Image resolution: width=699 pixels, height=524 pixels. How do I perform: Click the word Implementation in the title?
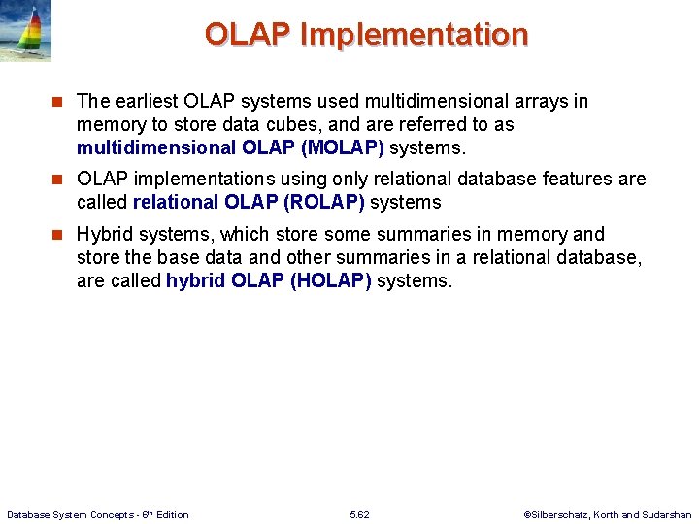pyautogui.click(x=415, y=35)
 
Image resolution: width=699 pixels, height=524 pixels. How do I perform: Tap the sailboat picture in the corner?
pyautogui.click(x=25, y=31)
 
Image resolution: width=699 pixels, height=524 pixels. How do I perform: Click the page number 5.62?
pyautogui.click(x=359, y=514)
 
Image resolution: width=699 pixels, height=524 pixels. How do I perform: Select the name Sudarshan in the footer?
pyautogui.click(x=668, y=514)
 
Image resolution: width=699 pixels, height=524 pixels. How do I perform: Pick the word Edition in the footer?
pyautogui.click(x=172, y=514)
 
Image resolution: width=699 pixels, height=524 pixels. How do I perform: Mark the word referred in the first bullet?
pyautogui.click(x=394, y=125)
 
